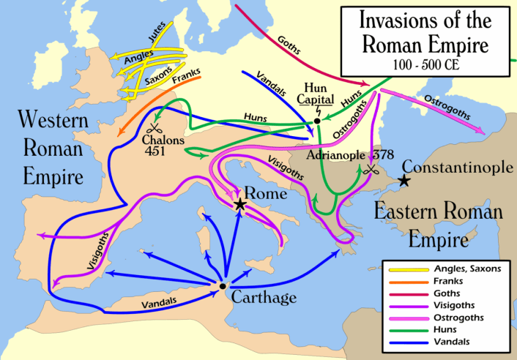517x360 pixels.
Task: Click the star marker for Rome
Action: point(240,205)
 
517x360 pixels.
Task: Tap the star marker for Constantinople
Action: point(403,181)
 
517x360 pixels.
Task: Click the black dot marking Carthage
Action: point(222,286)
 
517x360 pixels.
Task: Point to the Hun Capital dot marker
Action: point(316,121)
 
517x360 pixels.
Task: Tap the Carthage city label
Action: point(264,297)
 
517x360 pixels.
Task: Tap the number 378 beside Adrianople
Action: point(384,156)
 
